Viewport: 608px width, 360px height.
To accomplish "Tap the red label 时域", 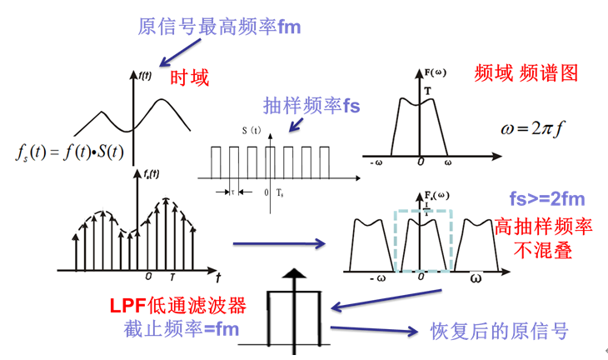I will [190, 78].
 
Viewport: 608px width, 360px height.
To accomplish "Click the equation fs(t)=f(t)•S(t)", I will [70, 152].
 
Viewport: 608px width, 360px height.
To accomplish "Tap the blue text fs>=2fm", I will [548, 199].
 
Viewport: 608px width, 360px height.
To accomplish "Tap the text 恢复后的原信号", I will [499, 331].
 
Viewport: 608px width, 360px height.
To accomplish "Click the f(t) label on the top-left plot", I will [145, 75].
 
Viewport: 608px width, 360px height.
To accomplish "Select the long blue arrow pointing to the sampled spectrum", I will [278, 244].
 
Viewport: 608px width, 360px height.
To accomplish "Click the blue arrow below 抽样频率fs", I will [295, 123].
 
